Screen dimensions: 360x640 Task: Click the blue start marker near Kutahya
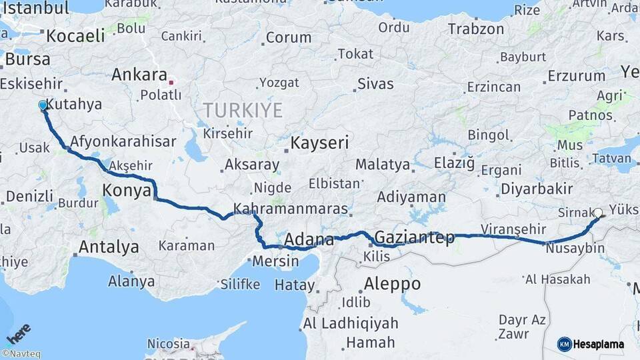pos(43,105)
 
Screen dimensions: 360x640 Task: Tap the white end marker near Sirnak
pos(598,213)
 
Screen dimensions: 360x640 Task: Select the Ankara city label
pos(139,74)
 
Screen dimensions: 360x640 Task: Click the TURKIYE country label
pos(243,110)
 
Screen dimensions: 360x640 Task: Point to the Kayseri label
pos(319,143)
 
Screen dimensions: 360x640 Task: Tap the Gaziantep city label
pos(415,237)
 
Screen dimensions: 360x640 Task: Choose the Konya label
pos(126,191)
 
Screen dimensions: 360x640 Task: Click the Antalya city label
pos(109,247)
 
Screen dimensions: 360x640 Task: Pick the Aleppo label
pos(392,284)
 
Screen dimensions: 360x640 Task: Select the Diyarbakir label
pos(537,188)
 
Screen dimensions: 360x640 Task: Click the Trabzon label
pos(476,29)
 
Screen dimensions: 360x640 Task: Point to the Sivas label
pos(375,84)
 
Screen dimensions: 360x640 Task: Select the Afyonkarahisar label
pos(123,141)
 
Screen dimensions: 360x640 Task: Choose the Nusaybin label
pos(575,249)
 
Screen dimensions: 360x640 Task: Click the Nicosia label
pos(169,345)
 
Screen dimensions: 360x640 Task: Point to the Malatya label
pos(382,164)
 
